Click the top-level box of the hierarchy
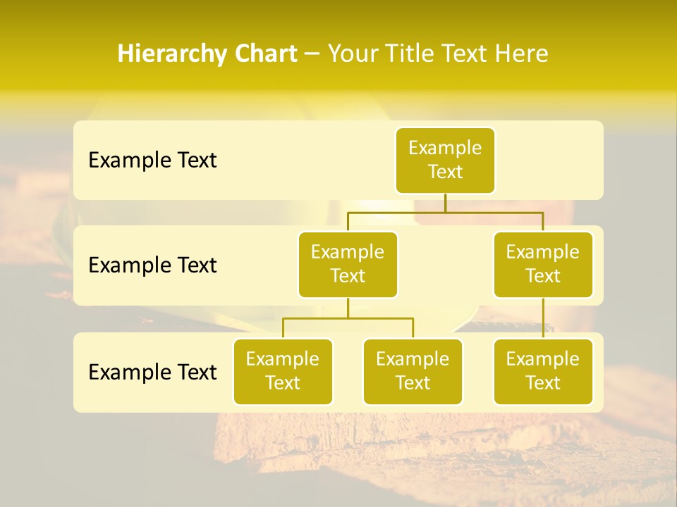(445, 160)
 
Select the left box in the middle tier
(348, 264)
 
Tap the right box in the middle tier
(543, 264)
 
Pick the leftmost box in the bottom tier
(283, 371)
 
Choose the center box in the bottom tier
(413, 371)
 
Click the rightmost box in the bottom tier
(543, 371)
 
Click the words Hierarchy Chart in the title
(207, 54)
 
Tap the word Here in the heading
(523, 54)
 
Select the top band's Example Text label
(152, 160)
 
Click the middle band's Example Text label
(152, 265)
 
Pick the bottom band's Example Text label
(152, 372)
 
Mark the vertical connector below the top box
(445, 203)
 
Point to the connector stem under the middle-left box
(348, 308)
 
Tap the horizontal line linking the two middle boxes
(445, 211)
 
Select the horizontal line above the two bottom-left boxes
(348, 318)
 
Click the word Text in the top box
(445, 172)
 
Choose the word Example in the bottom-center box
(413, 359)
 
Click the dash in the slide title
(312, 54)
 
